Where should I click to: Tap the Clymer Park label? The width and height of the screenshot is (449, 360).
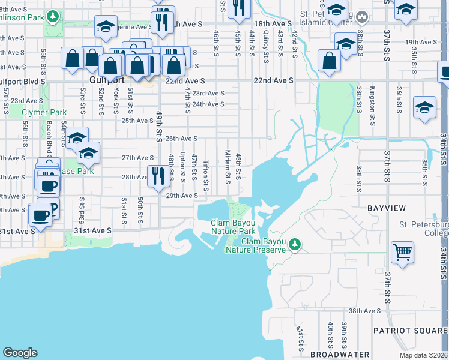(44, 112)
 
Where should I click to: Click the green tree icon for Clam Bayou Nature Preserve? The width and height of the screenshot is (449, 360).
(294, 244)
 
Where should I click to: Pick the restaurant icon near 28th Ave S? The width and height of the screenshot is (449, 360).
(157, 176)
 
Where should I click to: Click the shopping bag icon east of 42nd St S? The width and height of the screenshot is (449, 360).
(330, 61)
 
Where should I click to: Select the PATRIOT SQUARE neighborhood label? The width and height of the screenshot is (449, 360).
(410, 331)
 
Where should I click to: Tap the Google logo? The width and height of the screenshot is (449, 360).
(20, 353)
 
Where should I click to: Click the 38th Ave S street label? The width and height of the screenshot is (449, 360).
(366, 311)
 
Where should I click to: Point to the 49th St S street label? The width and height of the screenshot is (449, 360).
(160, 126)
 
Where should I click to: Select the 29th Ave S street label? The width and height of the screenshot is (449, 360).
(182, 196)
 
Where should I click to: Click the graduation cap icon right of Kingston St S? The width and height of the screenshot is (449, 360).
(425, 107)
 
